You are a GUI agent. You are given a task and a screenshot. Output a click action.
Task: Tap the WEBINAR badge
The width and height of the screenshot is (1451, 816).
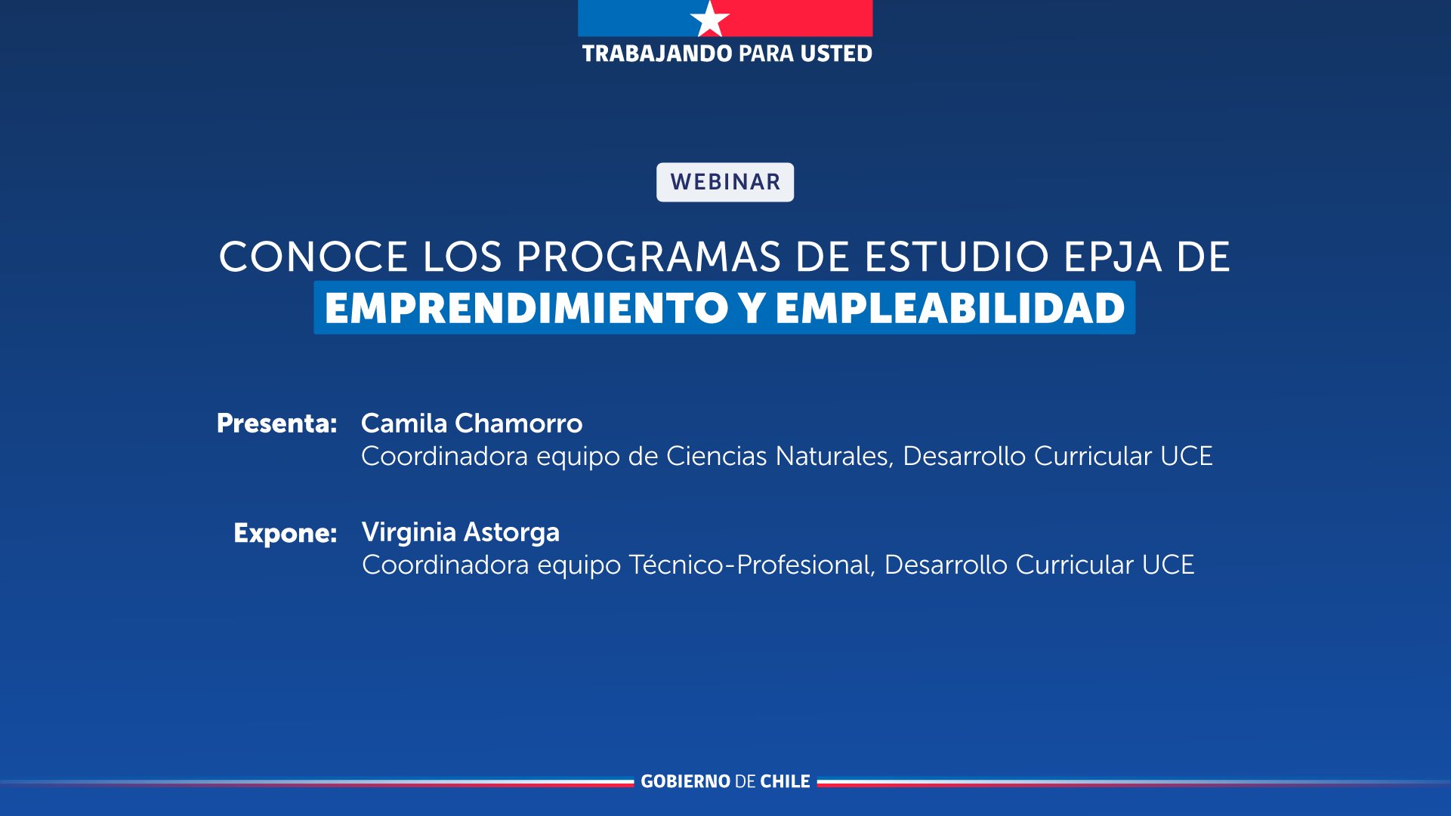click(725, 182)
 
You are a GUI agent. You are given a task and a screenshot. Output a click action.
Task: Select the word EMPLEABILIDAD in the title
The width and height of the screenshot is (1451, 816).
click(950, 308)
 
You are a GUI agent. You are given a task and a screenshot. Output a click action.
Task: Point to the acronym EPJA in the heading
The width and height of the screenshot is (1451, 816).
click(1113, 257)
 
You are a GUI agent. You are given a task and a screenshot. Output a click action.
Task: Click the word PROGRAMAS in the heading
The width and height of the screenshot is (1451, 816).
click(649, 257)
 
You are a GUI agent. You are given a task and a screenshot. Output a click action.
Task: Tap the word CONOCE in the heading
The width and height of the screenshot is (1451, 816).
click(313, 257)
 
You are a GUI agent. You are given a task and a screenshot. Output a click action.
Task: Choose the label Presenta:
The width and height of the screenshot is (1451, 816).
click(276, 423)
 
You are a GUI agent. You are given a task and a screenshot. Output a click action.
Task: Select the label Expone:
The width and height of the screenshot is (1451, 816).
click(285, 533)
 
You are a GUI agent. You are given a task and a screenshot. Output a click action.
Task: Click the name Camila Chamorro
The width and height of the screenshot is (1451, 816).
click(471, 423)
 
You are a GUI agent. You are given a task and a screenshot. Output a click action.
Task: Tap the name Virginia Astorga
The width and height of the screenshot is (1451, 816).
click(460, 532)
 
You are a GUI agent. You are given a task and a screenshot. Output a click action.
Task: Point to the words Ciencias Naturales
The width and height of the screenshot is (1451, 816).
click(778, 456)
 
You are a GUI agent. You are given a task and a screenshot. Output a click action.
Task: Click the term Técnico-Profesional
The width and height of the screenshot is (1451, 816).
click(750, 565)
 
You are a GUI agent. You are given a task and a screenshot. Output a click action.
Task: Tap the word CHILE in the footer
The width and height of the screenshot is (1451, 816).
click(785, 781)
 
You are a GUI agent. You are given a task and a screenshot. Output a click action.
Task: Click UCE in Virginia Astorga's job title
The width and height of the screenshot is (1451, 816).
click(1168, 565)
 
